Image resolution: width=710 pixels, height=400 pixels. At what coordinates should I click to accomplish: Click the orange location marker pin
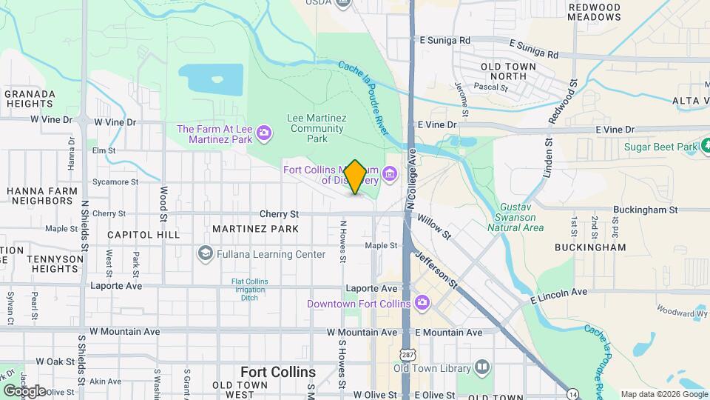point(355,177)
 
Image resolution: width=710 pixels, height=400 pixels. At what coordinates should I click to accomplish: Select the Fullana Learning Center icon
point(205,254)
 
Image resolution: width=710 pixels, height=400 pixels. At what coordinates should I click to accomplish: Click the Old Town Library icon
point(482,367)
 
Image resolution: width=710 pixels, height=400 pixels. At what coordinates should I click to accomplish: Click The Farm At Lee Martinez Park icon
point(263,134)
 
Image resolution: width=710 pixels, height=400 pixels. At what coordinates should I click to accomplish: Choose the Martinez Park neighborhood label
point(255,229)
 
